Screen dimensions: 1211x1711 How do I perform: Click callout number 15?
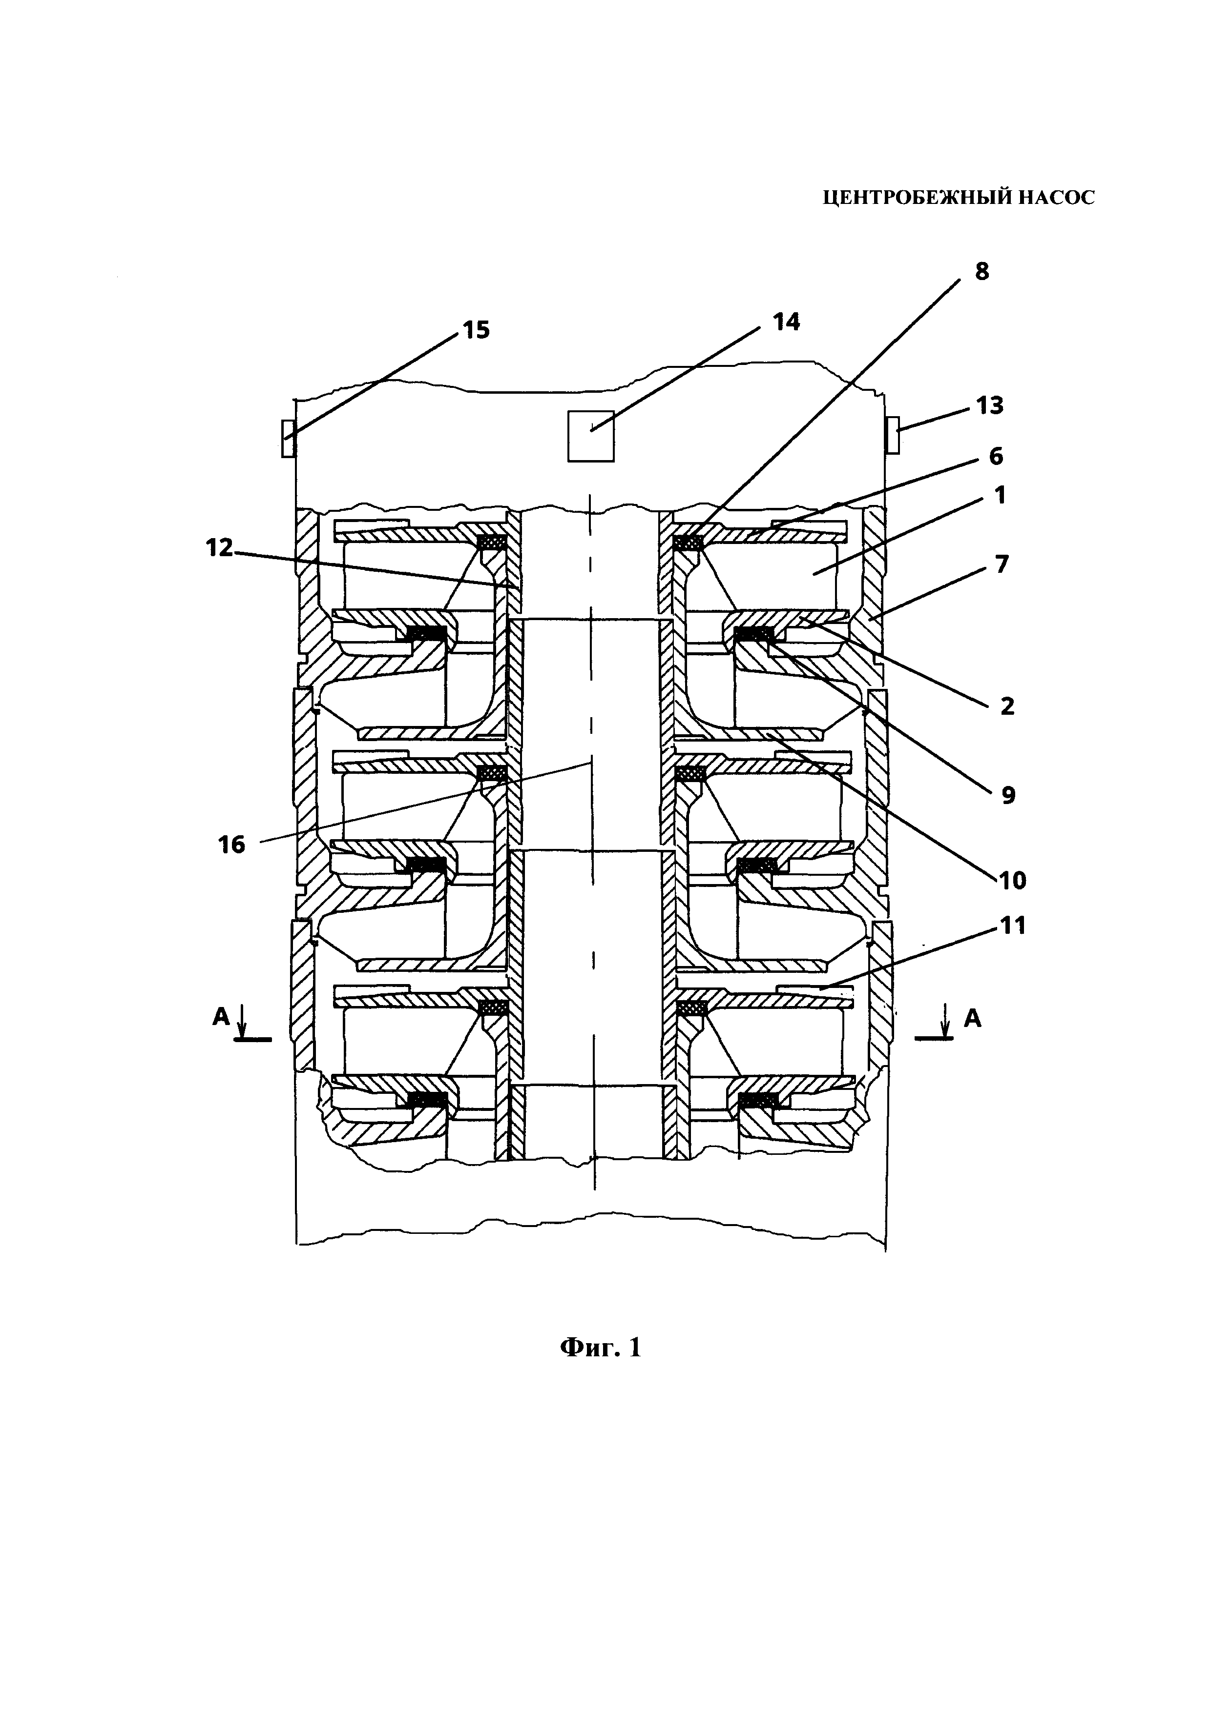pyautogui.click(x=477, y=330)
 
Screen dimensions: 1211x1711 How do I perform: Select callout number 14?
pyautogui.click(x=787, y=322)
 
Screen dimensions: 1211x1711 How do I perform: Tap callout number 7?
pyautogui.click(x=1002, y=564)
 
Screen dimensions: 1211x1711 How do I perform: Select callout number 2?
pyautogui.click(x=1007, y=705)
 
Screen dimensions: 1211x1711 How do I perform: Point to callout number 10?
pyautogui.click(x=1013, y=881)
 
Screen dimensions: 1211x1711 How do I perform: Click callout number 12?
pyautogui.click(x=220, y=548)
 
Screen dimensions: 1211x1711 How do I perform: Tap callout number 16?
pyautogui.click(x=232, y=845)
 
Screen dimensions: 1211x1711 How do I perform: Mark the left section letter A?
pyautogui.click(x=221, y=1016)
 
